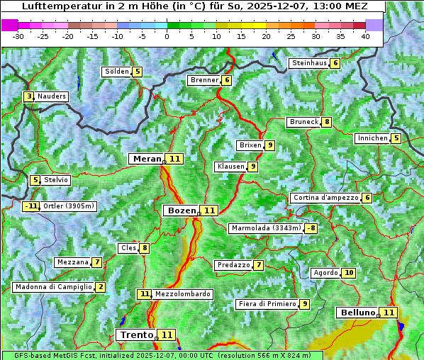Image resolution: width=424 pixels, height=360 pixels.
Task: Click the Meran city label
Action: pos(147,159)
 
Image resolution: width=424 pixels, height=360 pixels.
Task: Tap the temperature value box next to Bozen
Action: pos(209,210)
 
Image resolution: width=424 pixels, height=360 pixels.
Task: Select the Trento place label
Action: pos(136,334)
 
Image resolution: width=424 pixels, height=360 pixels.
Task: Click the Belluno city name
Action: pos(357,313)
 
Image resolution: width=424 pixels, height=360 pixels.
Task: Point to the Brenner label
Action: pos(204,80)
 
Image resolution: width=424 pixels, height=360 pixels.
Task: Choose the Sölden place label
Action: pos(117,72)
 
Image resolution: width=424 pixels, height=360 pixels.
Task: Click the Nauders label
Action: pos(51,96)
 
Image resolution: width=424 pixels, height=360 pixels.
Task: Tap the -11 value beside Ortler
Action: pos(30,206)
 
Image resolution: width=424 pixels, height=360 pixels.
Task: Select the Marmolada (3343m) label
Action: pos(266,228)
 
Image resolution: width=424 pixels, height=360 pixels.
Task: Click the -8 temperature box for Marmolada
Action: pos(311,228)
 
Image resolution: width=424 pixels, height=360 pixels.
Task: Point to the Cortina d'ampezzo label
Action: pos(325,198)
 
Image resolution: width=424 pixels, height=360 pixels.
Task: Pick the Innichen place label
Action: pos(372,138)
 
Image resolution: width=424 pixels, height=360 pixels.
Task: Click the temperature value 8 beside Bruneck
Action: pos(326,122)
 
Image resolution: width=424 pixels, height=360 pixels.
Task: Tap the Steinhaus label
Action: pos(309,63)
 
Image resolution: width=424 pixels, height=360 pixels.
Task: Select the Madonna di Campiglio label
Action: pos(53,287)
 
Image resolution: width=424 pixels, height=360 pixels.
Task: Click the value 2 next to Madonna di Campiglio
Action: pos(101,287)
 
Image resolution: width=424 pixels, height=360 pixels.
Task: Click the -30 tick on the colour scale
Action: pos(18,36)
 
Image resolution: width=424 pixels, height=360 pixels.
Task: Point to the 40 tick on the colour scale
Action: pos(365,36)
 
